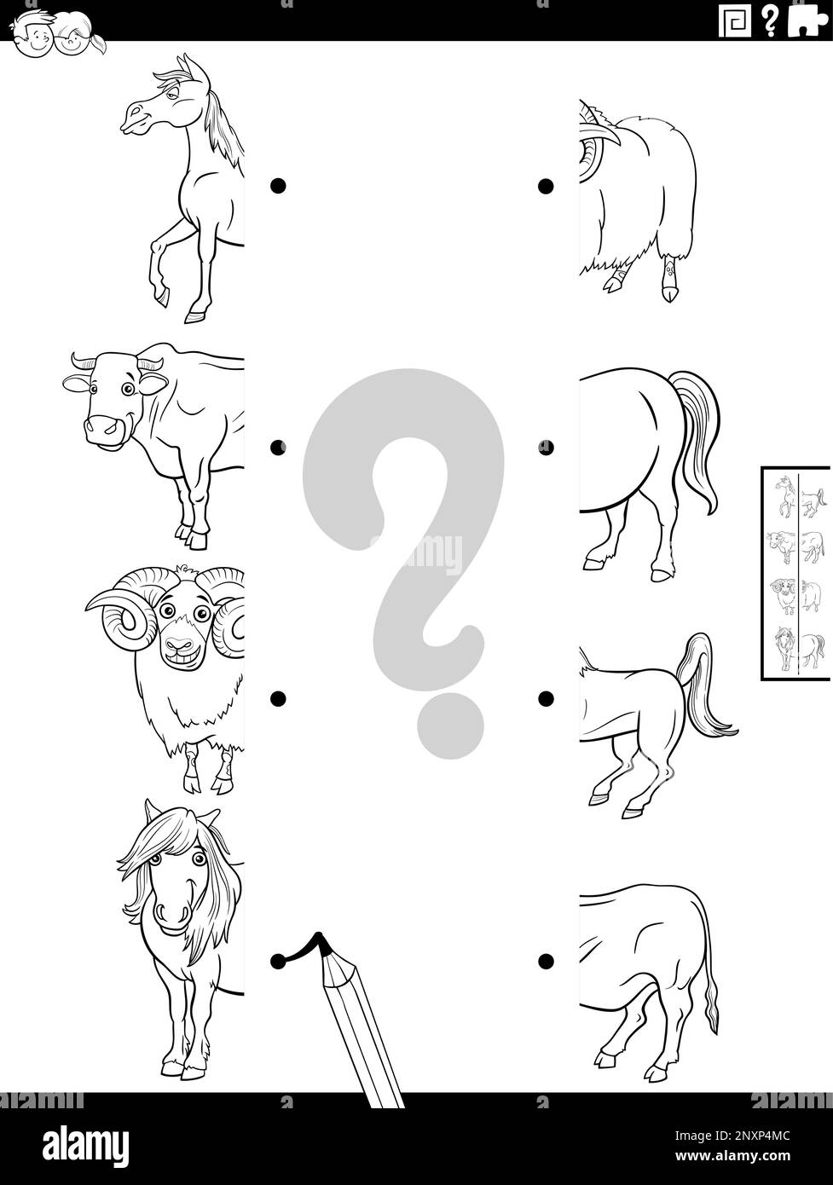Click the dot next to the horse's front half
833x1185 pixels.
(277, 186)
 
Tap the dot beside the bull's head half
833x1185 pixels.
(277, 447)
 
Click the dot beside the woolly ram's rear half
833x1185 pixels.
(545, 186)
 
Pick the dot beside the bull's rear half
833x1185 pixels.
(545, 961)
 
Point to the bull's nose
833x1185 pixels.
(103, 424)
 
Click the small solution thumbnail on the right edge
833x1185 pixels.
(796, 572)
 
